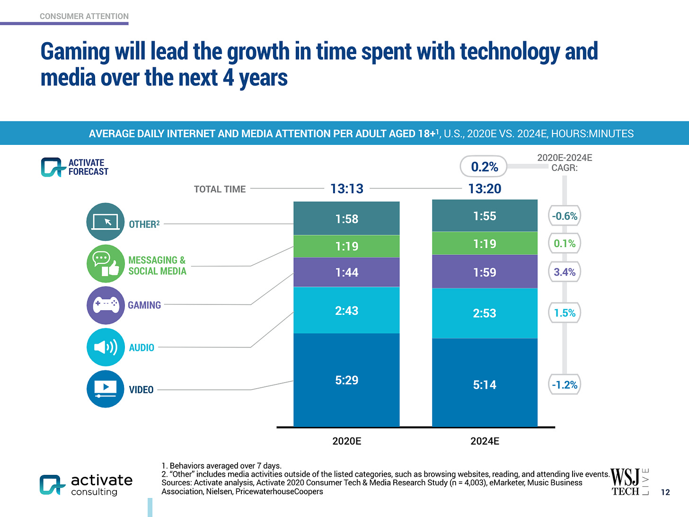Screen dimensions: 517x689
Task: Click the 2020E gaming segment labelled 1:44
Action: pyautogui.click(x=346, y=272)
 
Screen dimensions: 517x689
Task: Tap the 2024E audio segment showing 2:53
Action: pyautogui.click(x=485, y=313)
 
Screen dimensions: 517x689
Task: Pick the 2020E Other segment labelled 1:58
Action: pyautogui.click(x=346, y=219)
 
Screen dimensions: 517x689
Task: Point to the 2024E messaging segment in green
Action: pyautogui.click(x=485, y=243)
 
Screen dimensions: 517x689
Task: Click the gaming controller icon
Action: pyautogui.click(x=106, y=305)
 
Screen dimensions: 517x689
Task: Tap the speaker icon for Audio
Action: pyautogui.click(x=106, y=347)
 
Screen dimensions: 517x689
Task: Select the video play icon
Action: pyautogui.click(x=106, y=389)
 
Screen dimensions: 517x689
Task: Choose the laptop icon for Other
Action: pyautogui.click(x=106, y=222)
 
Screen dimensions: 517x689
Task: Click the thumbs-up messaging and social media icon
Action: pyautogui.click(x=106, y=264)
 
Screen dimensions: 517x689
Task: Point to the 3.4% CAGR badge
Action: pyautogui.click(x=565, y=272)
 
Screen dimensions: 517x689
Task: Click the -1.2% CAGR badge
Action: pyautogui.click(x=565, y=385)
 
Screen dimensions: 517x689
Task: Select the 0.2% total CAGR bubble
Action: pyautogui.click(x=484, y=167)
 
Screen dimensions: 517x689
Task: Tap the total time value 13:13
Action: pyautogui.click(x=347, y=189)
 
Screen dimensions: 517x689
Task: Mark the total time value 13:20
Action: pyautogui.click(x=485, y=189)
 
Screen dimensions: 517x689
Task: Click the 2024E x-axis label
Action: pyautogui.click(x=485, y=441)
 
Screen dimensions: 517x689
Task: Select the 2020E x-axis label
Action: pyautogui.click(x=347, y=441)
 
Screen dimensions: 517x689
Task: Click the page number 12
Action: pyautogui.click(x=665, y=492)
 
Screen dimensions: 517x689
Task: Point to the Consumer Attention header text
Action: pyautogui.click(x=84, y=16)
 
